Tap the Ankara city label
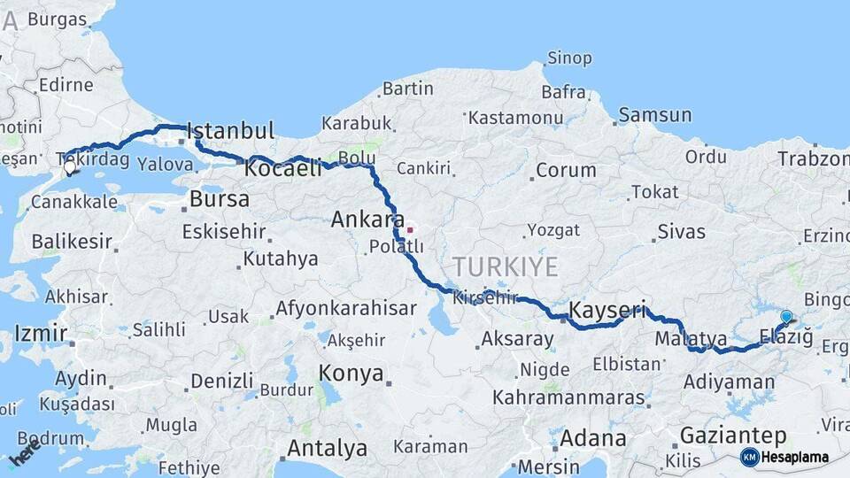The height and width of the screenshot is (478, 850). [x=367, y=219]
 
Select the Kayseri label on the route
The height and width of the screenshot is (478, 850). [x=607, y=310]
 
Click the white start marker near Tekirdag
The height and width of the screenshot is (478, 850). [x=69, y=166]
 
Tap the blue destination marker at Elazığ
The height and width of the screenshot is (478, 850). [x=786, y=317]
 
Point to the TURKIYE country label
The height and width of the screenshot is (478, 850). [x=506, y=266]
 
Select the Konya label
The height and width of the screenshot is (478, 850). [x=352, y=372]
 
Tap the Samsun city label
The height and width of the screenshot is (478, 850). [x=655, y=114]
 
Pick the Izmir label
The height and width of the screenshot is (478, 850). [x=40, y=334]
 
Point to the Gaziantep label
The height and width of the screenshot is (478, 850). [x=733, y=436]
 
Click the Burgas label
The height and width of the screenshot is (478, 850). [x=57, y=19]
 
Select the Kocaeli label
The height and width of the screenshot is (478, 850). [x=283, y=168]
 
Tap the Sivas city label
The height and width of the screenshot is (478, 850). [x=682, y=232]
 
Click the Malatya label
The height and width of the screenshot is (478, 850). [x=692, y=339]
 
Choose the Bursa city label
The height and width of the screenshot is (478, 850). [x=220, y=199]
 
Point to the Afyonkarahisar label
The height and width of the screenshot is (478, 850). [x=345, y=309]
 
